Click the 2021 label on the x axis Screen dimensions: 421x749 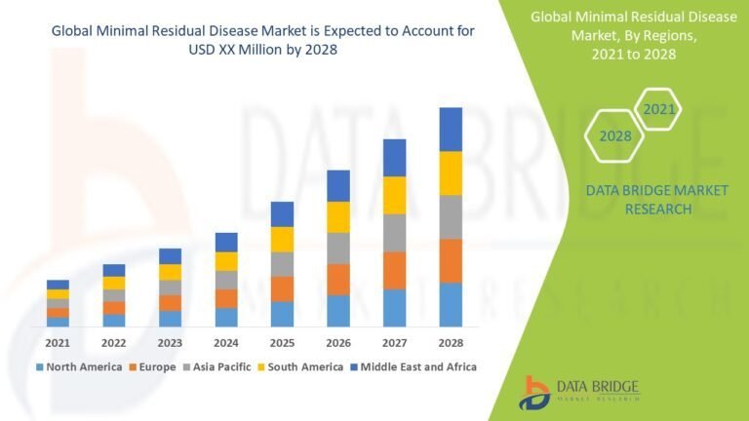point(58,343)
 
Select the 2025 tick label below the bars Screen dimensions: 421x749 point(282,343)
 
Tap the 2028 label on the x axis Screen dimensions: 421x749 point(450,343)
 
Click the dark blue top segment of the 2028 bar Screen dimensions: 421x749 point(450,129)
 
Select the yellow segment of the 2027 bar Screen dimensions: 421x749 point(394,195)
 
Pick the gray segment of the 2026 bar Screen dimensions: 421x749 point(338,248)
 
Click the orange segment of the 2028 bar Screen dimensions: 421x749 point(450,260)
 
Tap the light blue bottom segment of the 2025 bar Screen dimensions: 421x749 point(282,314)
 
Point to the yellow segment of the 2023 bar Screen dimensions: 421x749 point(170,272)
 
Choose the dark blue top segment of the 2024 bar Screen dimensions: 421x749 point(226,242)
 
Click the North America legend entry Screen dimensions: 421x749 point(79,367)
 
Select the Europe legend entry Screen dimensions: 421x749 point(151,367)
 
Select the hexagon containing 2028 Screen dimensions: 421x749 point(614,135)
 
